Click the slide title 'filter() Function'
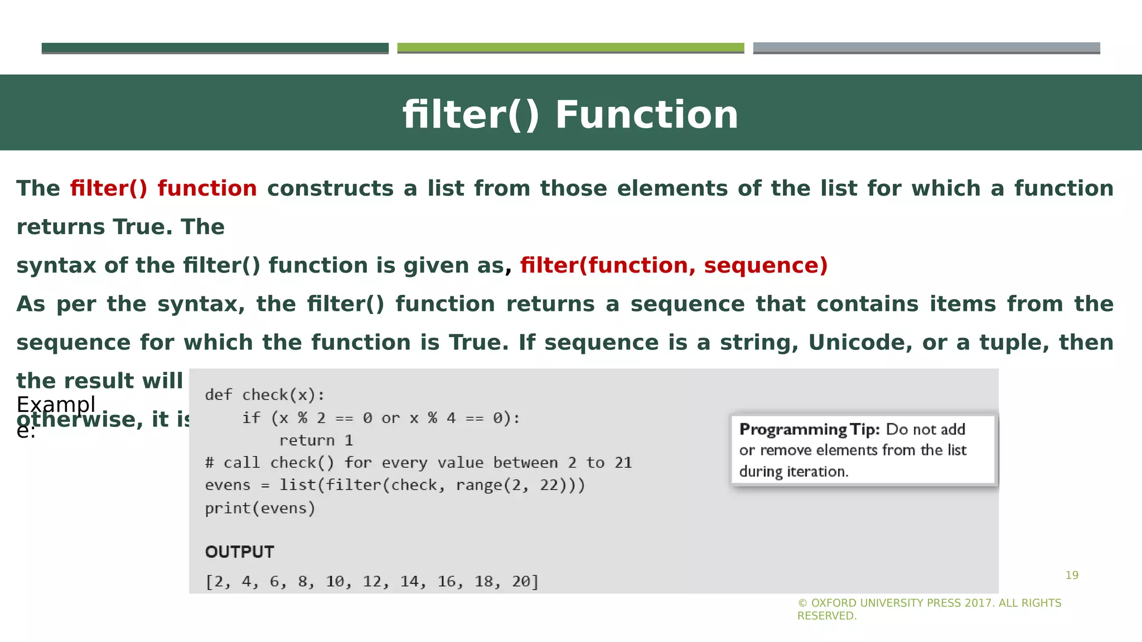[570, 114]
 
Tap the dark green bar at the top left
[215, 48]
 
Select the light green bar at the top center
[570, 48]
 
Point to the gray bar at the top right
[926, 48]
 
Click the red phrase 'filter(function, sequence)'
[674, 265]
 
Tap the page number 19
[1072, 575]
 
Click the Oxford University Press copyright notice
[929, 609]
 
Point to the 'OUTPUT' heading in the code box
[240, 552]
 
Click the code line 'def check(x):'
[264, 395]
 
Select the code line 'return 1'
[316, 440]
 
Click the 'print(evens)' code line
[260, 508]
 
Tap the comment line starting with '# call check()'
[418, 463]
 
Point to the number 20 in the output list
[521, 581]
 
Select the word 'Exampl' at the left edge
[56, 404]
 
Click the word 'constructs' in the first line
[330, 188]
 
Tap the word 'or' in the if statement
[390, 418]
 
